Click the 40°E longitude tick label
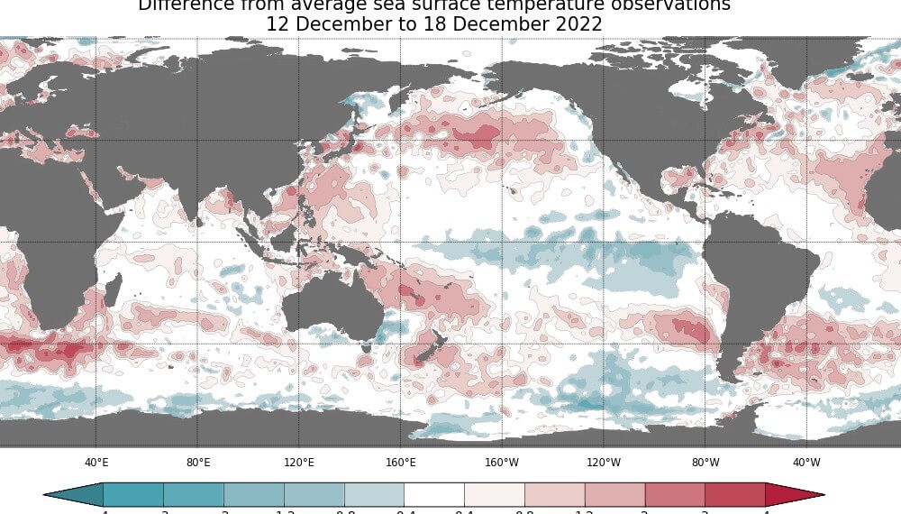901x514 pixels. pyautogui.click(x=96, y=463)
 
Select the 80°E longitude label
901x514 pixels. pyautogui.click(x=198, y=463)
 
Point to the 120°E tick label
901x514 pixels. pyautogui.click(x=299, y=463)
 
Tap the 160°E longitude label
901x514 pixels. pyautogui.click(x=401, y=463)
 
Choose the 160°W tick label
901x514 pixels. pyautogui.click(x=502, y=463)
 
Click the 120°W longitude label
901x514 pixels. pyautogui.click(x=604, y=463)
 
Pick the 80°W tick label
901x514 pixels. pyautogui.click(x=705, y=463)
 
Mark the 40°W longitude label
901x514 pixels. pyautogui.click(x=806, y=463)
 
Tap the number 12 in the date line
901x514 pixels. pyautogui.click(x=278, y=25)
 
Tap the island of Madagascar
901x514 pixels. pyautogui.click(x=113, y=291)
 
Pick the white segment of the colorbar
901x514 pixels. pyautogui.click(x=434, y=494)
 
